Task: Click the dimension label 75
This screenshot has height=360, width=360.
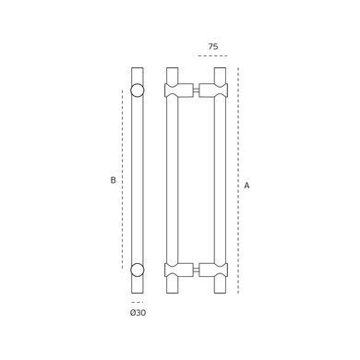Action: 213,47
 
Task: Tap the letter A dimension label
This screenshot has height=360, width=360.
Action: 246,186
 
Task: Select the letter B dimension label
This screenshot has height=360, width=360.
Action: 113,180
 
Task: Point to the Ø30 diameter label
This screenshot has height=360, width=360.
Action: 138,313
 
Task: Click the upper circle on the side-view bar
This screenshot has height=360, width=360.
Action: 138,90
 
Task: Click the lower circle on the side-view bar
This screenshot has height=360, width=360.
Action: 138,270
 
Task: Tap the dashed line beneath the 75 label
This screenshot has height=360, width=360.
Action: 212,56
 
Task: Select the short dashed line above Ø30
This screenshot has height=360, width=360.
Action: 138,302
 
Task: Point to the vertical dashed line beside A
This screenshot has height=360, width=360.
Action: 238,180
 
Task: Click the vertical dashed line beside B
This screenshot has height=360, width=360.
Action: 123,180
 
